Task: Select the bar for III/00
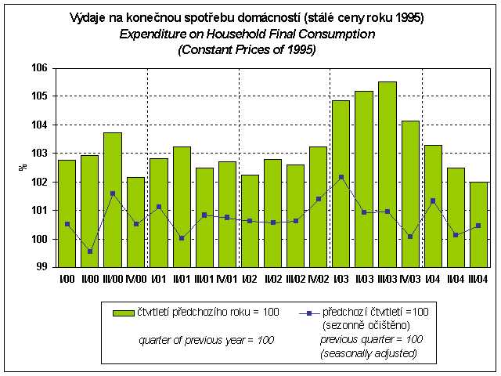[x=113, y=200]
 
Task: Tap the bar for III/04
[x=479, y=224]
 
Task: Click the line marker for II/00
[x=90, y=251]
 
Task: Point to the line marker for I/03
[x=341, y=177]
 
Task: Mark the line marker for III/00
[x=113, y=193]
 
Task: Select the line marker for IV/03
[x=410, y=236]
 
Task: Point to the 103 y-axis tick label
[x=40, y=154]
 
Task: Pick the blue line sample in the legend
[x=309, y=313]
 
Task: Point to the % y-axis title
[x=23, y=167]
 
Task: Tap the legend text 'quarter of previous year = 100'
[x=206, y=340]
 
